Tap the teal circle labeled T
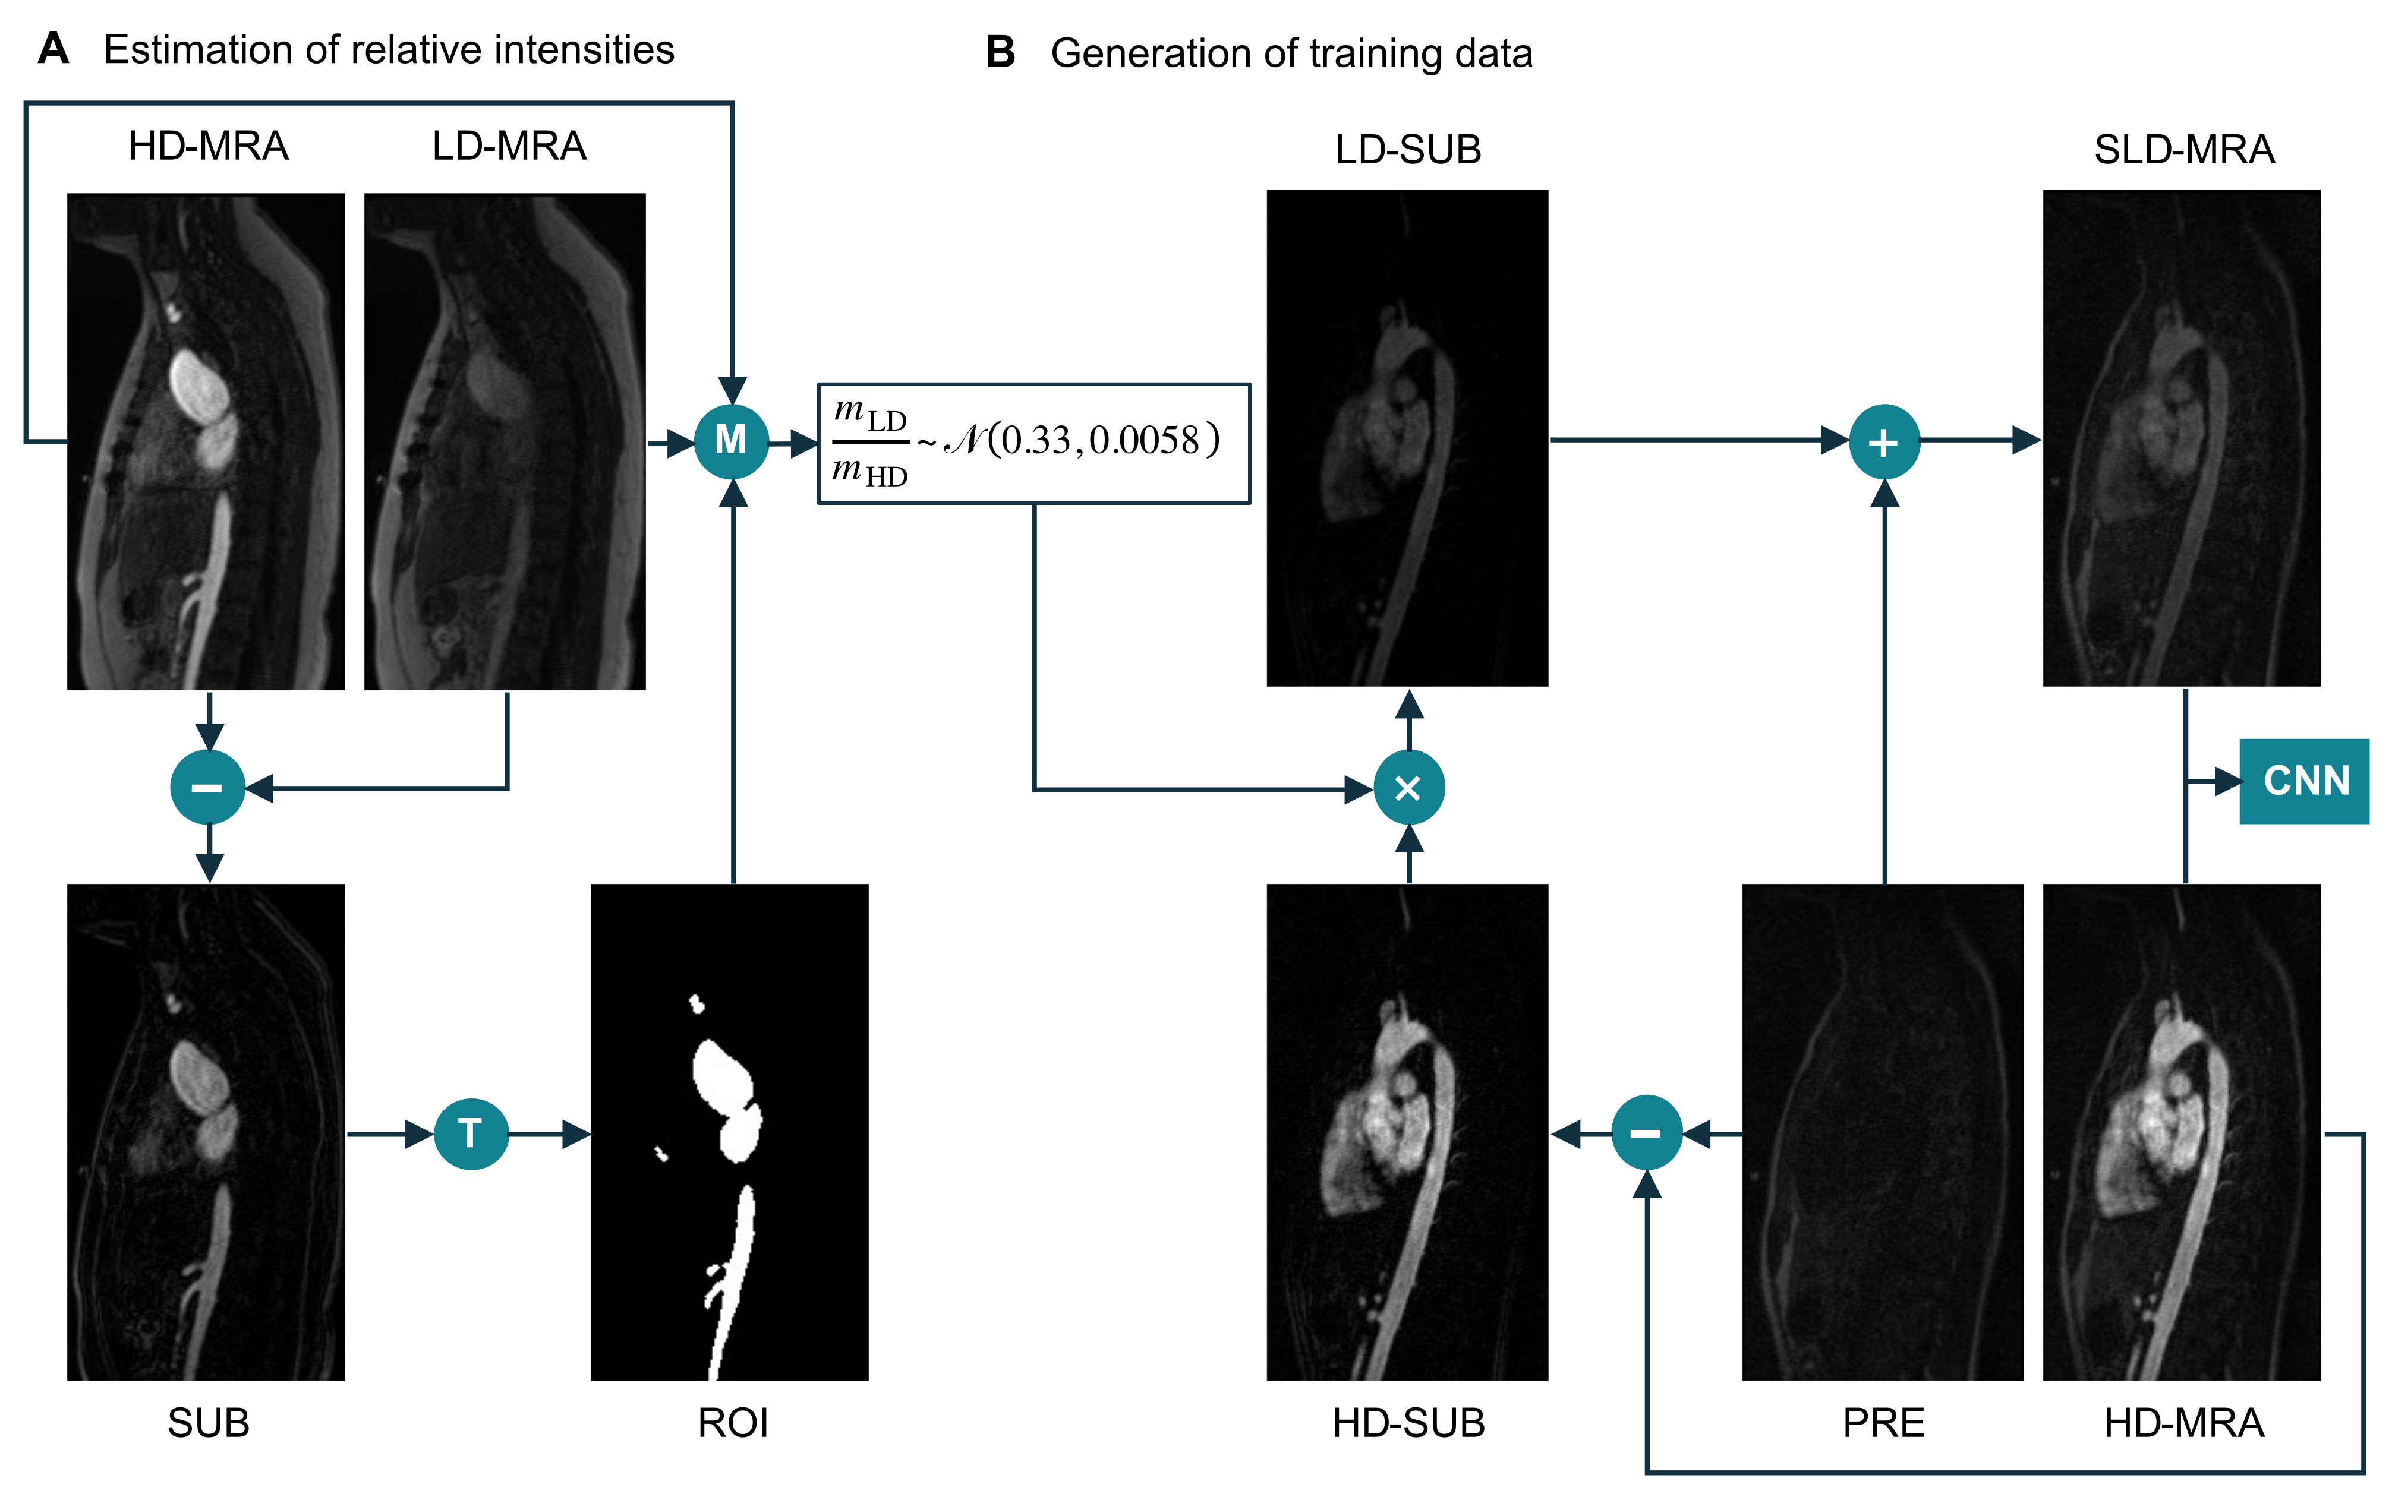coord(471,1133)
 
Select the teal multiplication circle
coord(1409,788)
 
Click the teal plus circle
coord(1884,441)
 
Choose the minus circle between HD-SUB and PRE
coord(1646,1132)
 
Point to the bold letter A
coord(53,49)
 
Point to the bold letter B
coord(1000,53)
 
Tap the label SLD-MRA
coord(2183,150)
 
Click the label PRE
coord(1883,1423)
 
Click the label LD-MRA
coord(509,147)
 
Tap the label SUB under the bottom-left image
coord(209,1423)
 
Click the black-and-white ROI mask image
coord(729,1132)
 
